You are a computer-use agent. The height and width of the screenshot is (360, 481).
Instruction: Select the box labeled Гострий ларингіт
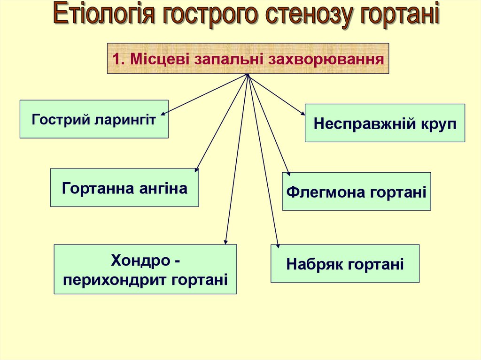click(94, 119)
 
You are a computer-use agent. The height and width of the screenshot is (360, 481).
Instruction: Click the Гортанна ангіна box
click(124, 188)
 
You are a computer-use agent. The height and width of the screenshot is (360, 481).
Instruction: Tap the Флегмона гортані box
click(356, 191)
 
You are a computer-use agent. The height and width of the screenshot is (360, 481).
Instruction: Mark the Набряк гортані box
click(345, 264)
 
